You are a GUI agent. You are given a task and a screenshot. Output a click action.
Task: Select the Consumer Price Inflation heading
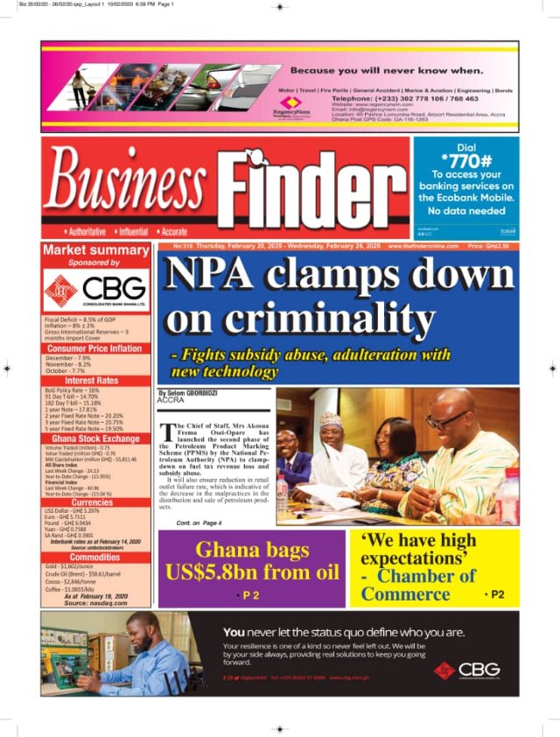tap(94, 348)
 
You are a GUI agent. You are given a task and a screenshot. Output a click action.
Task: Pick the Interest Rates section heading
tap(94, 381)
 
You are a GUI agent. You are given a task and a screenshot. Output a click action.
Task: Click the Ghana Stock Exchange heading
tap(94, 439)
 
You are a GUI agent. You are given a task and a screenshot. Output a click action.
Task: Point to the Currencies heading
tap(94, 503)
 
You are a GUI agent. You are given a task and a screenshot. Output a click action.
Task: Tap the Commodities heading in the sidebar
tap(94, 557)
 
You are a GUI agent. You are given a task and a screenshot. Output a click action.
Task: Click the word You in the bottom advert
tap(234, 631)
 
